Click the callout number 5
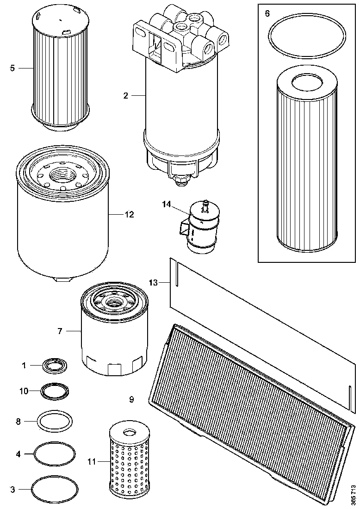coord(13,68)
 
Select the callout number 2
coord(126,95)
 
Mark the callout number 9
coord(131,399)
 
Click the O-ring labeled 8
coord(55,421)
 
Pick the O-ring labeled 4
coord(55,454)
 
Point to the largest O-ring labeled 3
coord(54,489)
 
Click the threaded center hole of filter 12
coord(63,175)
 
